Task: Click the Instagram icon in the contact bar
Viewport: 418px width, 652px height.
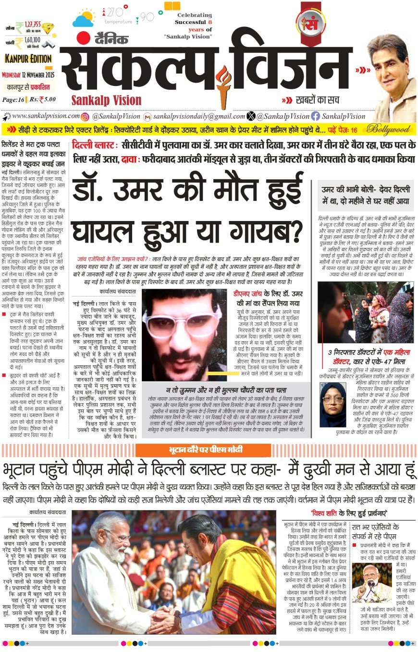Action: (x=85, y=116)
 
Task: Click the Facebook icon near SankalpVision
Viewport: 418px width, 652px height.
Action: (x=315, y=116)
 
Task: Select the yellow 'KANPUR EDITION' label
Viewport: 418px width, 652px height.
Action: (x=28, y=59)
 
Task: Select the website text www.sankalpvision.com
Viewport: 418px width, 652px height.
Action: (x=45, y=116)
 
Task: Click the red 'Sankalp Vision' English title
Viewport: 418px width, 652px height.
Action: (x=106, y=100)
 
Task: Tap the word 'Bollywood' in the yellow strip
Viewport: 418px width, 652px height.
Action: (x=388, y=129)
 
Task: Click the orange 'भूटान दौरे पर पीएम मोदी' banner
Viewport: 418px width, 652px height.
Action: (x=203, y=450)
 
